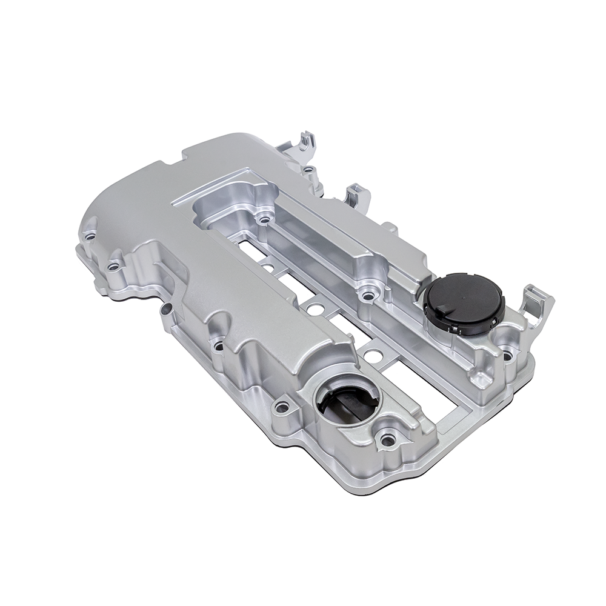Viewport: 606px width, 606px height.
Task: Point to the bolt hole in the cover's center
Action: point(367,296)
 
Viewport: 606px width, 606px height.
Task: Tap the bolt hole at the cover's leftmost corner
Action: point(90,236)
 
